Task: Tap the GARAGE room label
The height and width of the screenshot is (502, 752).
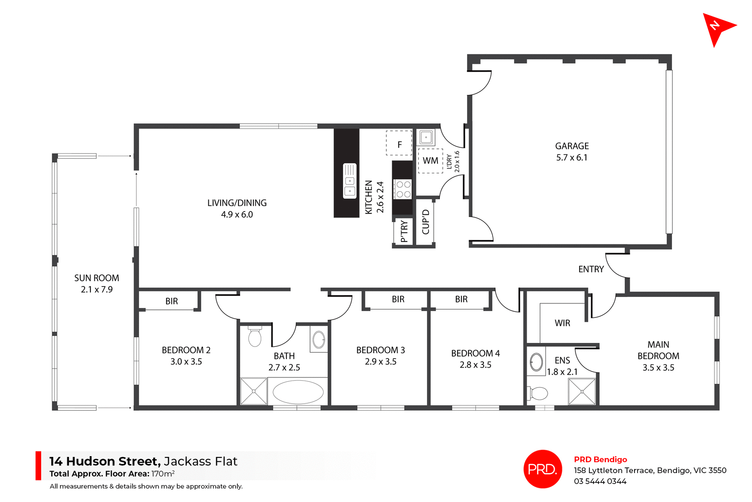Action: (x=572, y=146)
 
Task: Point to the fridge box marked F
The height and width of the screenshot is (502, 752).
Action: (x=399, y=144)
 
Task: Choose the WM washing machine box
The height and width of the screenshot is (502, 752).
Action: (x=430, y=161)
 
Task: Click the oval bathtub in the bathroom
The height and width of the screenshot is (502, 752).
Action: (x=298, y=392)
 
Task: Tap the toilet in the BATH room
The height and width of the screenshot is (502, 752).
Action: (x=255, y=337)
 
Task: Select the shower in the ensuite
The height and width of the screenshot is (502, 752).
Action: (x=582, y=391)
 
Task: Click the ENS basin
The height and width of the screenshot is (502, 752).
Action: (x=536, y=362)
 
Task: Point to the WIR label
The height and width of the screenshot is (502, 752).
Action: (x=562, y=323)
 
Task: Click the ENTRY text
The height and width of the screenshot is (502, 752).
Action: (x=591, y=269)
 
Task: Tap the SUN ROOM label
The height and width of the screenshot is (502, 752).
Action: (x=97, y=278)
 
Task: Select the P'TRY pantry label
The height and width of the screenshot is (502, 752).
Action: (x=404, y=232)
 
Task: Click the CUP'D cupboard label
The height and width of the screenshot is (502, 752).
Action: (x=426, y=222)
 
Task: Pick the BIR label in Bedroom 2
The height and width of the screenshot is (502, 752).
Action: (x=172, y=301)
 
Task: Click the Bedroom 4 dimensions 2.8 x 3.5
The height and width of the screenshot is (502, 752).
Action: (x=475, y=365)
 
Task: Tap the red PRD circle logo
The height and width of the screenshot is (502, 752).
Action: (x=542, y=469)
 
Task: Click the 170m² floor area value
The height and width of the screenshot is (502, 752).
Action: (x=163, y=474)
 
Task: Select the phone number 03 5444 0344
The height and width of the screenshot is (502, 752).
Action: (x=600, y=481)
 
